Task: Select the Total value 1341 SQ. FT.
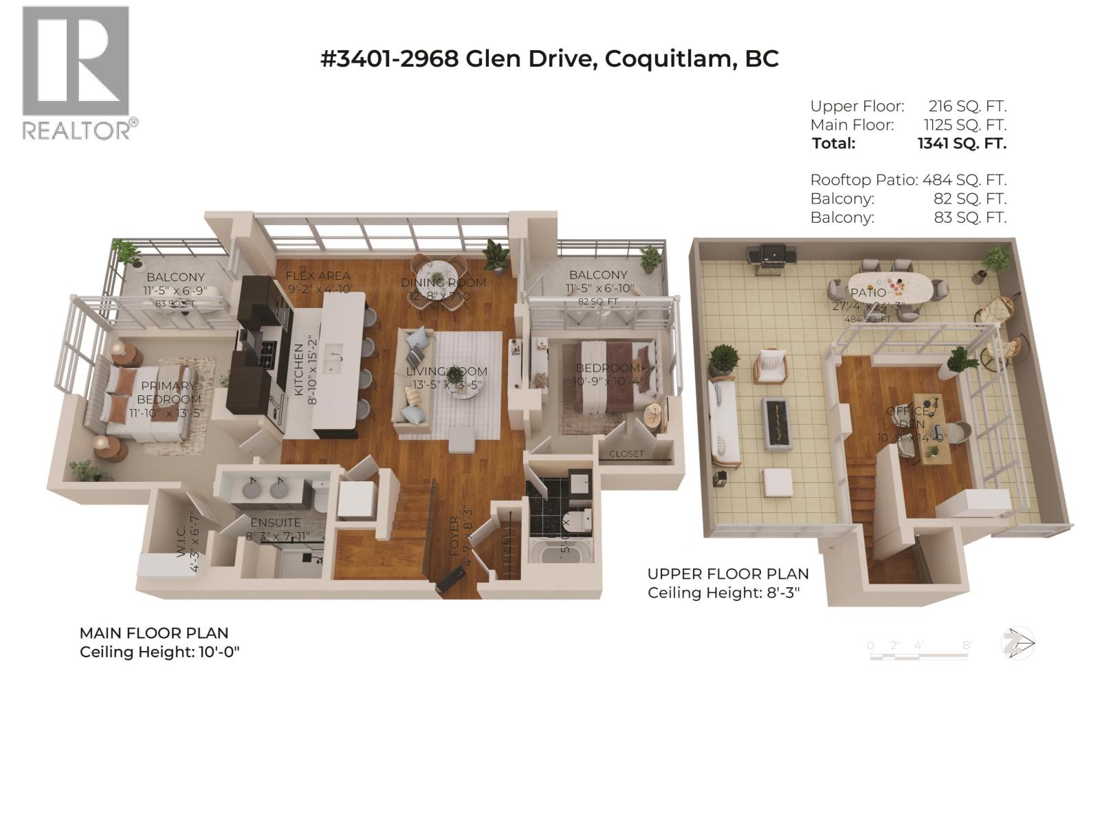961,144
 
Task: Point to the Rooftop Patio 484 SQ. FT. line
907,180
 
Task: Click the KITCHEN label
299,369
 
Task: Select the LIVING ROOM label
446,371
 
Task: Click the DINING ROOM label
443,283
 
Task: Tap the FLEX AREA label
318,276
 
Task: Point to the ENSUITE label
275,522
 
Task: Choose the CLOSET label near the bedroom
626,454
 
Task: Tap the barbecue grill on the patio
770,258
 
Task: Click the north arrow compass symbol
1017,644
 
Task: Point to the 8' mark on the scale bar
967,646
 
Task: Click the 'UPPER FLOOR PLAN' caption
728,574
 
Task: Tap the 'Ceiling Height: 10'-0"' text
159,652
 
